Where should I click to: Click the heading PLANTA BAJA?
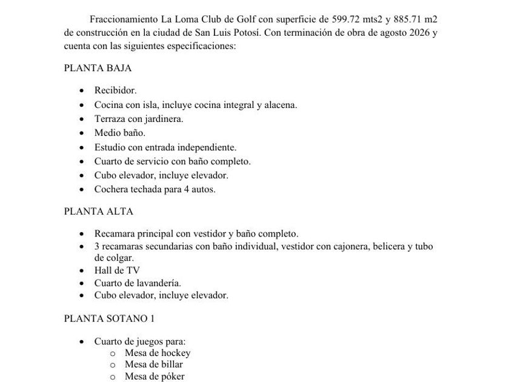[x=98, y=69]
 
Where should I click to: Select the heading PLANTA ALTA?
[x=98, y=212]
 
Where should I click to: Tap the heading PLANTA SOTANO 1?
[x=109, y=318]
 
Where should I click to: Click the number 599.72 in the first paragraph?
[x=340, y=20]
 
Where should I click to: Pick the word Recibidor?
[x=115, y=90]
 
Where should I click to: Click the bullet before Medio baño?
[x=82, y=133]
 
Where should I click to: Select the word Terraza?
[x=111, y=119]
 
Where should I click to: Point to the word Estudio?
[x=110, y=147]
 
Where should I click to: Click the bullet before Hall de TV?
[x=82, y=271]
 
